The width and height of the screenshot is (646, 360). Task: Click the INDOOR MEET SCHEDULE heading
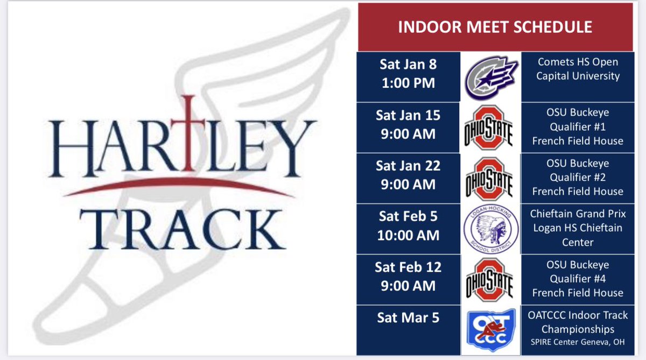click(x=495, y=27)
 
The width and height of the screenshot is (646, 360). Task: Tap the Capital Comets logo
click(x=491, y=76)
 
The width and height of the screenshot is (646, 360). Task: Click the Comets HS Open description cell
click(x=578, y=69)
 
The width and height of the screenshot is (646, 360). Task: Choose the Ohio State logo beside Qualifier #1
click(x=489, y=128)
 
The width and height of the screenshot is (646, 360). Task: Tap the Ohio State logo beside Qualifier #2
click(x=489, y=178)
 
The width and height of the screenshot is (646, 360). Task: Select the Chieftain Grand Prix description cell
click(x=578, y=228)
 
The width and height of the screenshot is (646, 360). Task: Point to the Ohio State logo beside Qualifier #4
click(x=489, y=279)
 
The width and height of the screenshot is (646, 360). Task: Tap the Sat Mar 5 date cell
click(x=408, y=318)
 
